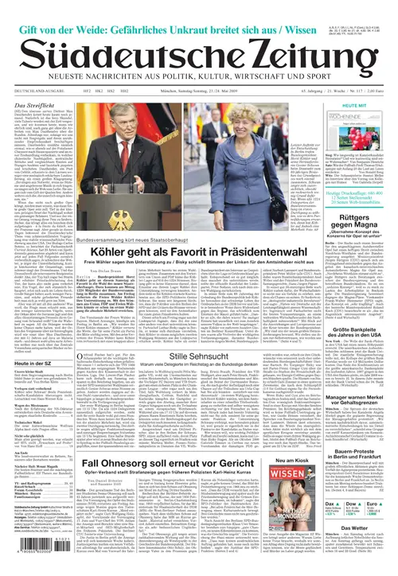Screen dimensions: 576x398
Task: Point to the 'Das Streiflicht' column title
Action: click(35, 105)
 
